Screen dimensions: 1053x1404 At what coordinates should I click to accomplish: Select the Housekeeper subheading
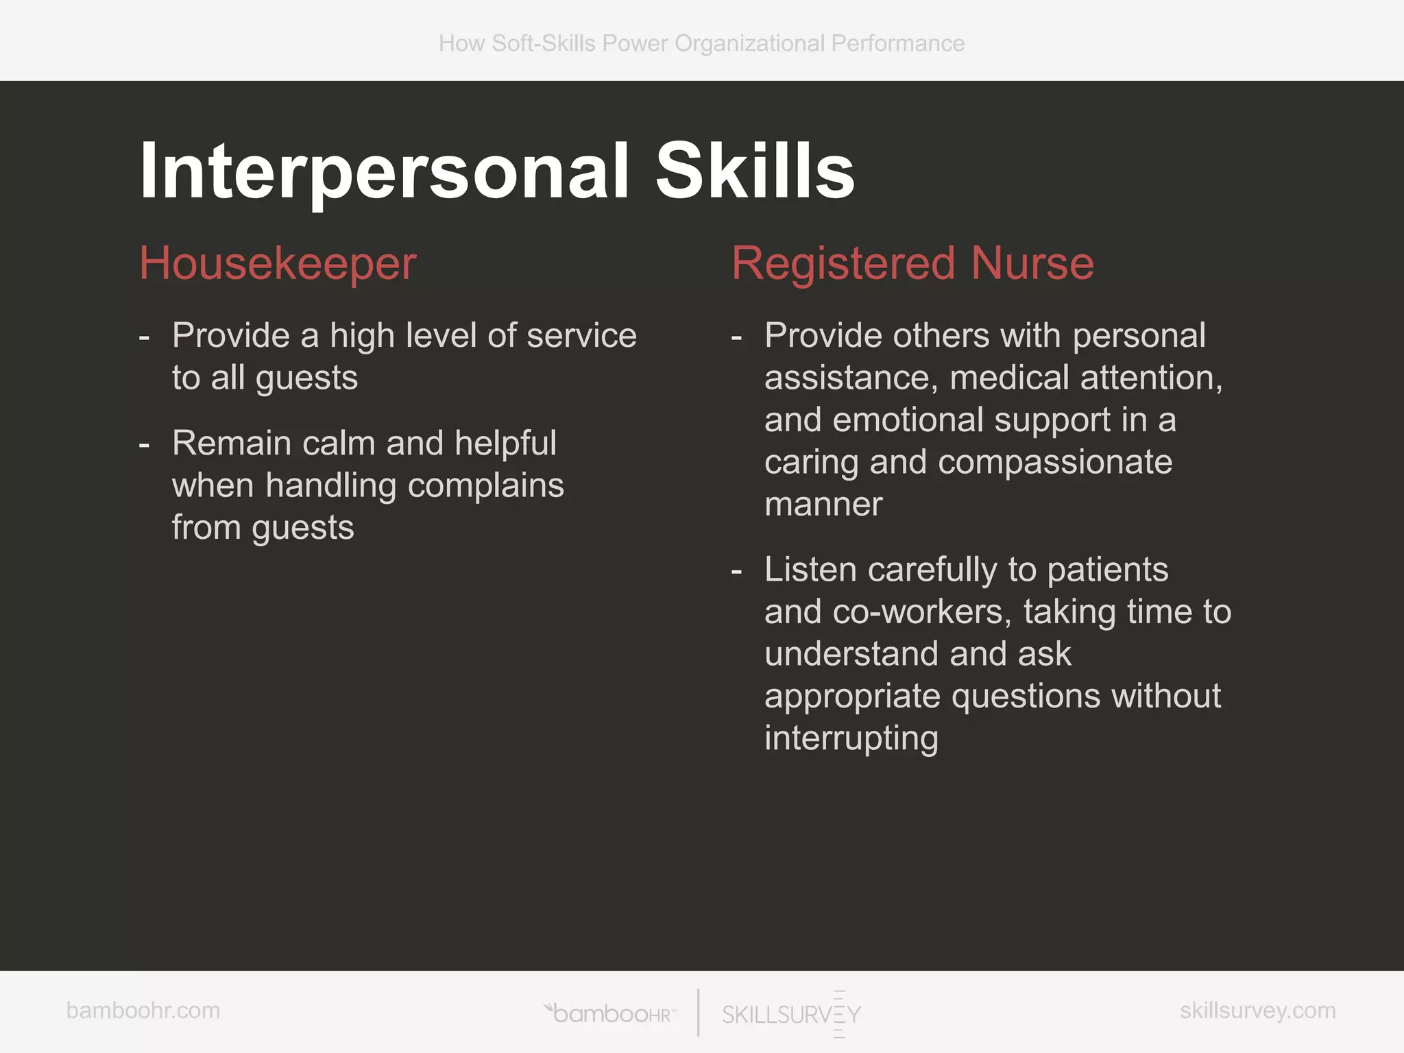click(278, 264)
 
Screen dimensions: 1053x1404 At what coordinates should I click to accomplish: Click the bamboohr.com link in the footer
click(143, 1010)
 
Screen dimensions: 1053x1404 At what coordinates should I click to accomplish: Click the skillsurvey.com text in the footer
click(1257, 1010)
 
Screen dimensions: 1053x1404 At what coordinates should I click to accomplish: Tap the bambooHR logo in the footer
click(610, 1013)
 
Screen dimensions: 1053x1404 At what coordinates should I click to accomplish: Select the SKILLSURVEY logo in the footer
click(792, 1014)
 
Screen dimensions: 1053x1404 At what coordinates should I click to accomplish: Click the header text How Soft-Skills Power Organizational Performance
click(701, 43)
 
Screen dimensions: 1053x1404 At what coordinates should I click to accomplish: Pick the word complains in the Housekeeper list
click(485, 486)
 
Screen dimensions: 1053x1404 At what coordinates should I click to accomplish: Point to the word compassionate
click(1054, 463)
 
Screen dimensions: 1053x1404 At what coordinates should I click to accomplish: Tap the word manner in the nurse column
click(823, 505)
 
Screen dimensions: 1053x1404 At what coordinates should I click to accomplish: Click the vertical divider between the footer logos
click(698, 1013)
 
